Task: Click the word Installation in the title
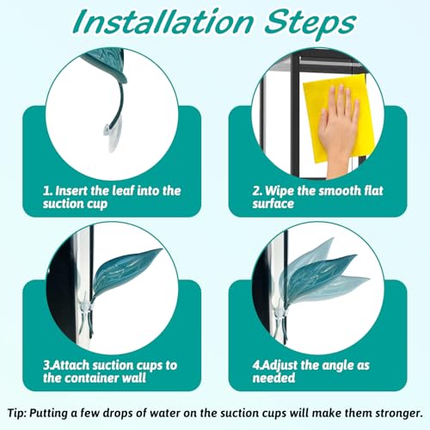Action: [163, 22]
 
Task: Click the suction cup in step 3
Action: [86, 311]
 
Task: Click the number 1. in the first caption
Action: [47, 191]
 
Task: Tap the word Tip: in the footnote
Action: [17, 414]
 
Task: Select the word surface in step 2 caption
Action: [273, 204]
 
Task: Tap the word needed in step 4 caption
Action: [273, 378]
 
